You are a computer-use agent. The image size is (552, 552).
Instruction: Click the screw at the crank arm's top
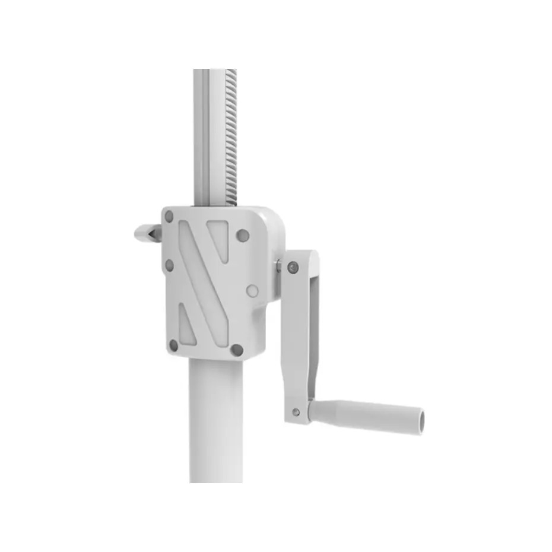[292, 267]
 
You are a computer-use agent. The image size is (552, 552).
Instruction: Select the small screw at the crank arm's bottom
[295, 411]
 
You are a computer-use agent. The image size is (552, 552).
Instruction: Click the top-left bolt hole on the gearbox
[169, 217]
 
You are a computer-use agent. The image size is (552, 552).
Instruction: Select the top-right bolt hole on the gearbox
[242, 236]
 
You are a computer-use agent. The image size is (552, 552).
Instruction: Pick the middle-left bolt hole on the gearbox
[169, 265]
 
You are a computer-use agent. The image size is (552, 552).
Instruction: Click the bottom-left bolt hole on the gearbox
[173, 344]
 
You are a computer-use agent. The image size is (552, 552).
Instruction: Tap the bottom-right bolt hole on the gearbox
[236, 350]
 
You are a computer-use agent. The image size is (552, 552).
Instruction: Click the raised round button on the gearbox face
[252, 291]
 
